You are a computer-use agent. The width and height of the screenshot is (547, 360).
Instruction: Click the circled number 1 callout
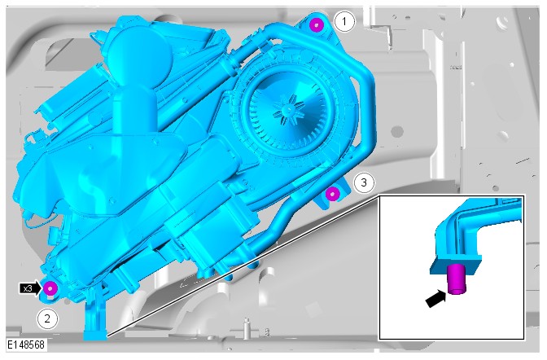point(344,22)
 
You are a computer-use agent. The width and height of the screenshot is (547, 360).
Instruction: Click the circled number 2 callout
point(47,318)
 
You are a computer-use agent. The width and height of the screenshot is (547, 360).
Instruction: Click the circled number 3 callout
point(364,182)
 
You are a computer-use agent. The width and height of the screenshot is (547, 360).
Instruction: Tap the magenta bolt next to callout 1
point(316,25)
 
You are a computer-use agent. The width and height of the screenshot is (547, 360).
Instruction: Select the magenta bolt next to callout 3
point(332,194)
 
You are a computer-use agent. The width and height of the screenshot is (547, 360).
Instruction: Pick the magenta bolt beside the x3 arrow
point(50,288)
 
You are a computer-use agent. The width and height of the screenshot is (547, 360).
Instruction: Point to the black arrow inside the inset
point(436,299)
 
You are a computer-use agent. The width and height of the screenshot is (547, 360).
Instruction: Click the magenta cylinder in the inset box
point(457,279)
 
